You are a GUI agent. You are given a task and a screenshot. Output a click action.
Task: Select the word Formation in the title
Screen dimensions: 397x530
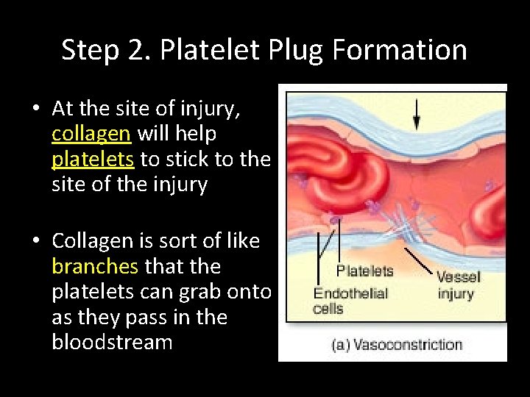coord(400,50)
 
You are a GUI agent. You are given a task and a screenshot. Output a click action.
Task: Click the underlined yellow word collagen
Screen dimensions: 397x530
coord(91,134)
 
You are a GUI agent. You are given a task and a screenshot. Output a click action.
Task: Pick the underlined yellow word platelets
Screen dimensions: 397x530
coord(93,160)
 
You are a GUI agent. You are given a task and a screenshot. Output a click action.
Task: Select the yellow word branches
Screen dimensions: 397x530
coord(96,266)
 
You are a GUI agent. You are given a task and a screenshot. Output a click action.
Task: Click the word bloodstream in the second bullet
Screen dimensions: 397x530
coord(112,343)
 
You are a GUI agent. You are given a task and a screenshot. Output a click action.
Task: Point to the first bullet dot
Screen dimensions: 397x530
coord(36,110)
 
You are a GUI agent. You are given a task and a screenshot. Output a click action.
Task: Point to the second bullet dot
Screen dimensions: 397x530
coord(36,242)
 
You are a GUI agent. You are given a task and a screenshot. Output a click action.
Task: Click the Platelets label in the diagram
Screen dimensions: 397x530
coord(364,271)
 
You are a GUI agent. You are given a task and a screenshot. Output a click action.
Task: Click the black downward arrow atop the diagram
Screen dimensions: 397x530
coord(417,114)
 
